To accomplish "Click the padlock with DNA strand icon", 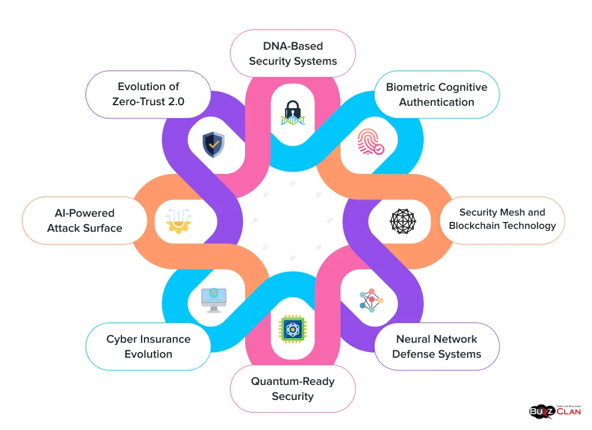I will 293,113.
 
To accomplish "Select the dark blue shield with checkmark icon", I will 213,144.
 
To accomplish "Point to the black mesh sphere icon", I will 402,221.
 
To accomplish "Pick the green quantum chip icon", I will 293,329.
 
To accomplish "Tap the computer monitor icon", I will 213,300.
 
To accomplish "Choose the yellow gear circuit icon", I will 178,221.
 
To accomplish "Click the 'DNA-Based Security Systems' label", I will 293,53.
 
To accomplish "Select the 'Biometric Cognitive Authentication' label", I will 436,95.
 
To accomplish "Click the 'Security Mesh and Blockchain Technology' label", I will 502,219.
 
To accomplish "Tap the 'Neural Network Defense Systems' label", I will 436,347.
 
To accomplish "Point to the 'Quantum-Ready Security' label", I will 293,388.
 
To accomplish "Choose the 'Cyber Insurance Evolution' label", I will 148,347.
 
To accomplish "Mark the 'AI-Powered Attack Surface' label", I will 84,221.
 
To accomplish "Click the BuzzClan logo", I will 554,411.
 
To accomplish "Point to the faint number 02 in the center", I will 293,183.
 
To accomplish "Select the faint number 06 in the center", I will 293,258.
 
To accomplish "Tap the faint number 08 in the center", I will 255,220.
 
